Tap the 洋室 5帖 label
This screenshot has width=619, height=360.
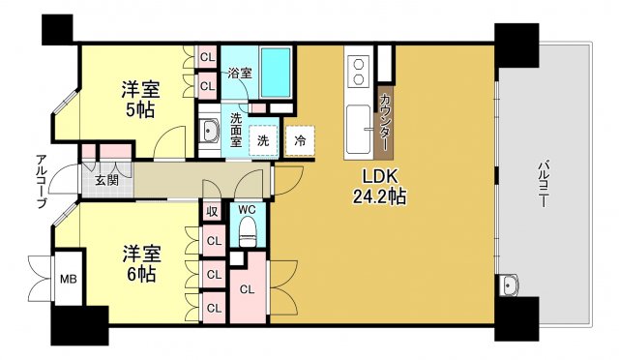[139, 100]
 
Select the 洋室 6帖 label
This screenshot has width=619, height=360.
[140, 264]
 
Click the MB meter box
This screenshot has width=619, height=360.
[69, 279]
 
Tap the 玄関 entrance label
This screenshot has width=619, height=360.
[106, 180]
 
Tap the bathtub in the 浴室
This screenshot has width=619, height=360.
[276, 69]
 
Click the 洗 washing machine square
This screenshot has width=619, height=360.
[262, 140]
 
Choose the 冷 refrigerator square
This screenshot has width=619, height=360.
[300, 140]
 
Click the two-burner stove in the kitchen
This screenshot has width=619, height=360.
[358, 70]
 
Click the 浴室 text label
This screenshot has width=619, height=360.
[239, 73]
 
